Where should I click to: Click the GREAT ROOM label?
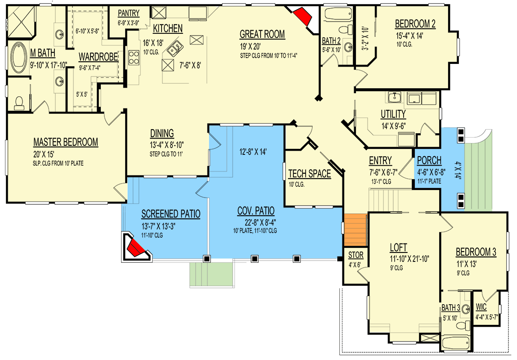pyautogui.click(x=262, y=34)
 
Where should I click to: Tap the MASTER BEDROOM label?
pyautogui.click(x=66, y=142)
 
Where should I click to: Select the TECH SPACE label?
pyautogui.click(x=309, y=174)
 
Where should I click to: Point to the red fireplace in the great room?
pyautogui.click(x=303, y=16)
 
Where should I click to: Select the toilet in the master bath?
pyautogui.click(x=19, y=103)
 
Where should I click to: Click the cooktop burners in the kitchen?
pyautogui.click(x=134, y=58)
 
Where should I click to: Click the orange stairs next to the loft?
pyautogui.click(x=355, y=230)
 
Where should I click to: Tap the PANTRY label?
pyautogui.click(x=129, y=13)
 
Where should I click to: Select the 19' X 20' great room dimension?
pyautogui.click(x=250, y=47)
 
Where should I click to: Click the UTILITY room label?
pyautogui.click(x=393, y=114)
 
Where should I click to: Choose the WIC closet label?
pyautogui.click(x=481, y=307)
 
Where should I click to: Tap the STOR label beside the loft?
pyautogui.click(x=356, y=255)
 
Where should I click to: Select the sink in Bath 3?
pyautogui.click(x=465, y=309)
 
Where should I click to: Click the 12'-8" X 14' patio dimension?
pyautogui.click(x=253, y=152)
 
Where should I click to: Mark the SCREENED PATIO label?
pyautogui.click(x=171, y=214)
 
